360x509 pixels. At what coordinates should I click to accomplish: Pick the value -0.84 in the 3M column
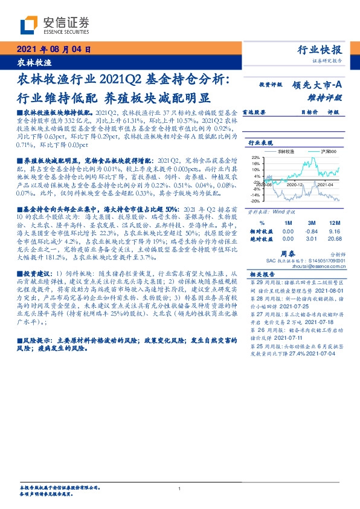click(x=312, y=230)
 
